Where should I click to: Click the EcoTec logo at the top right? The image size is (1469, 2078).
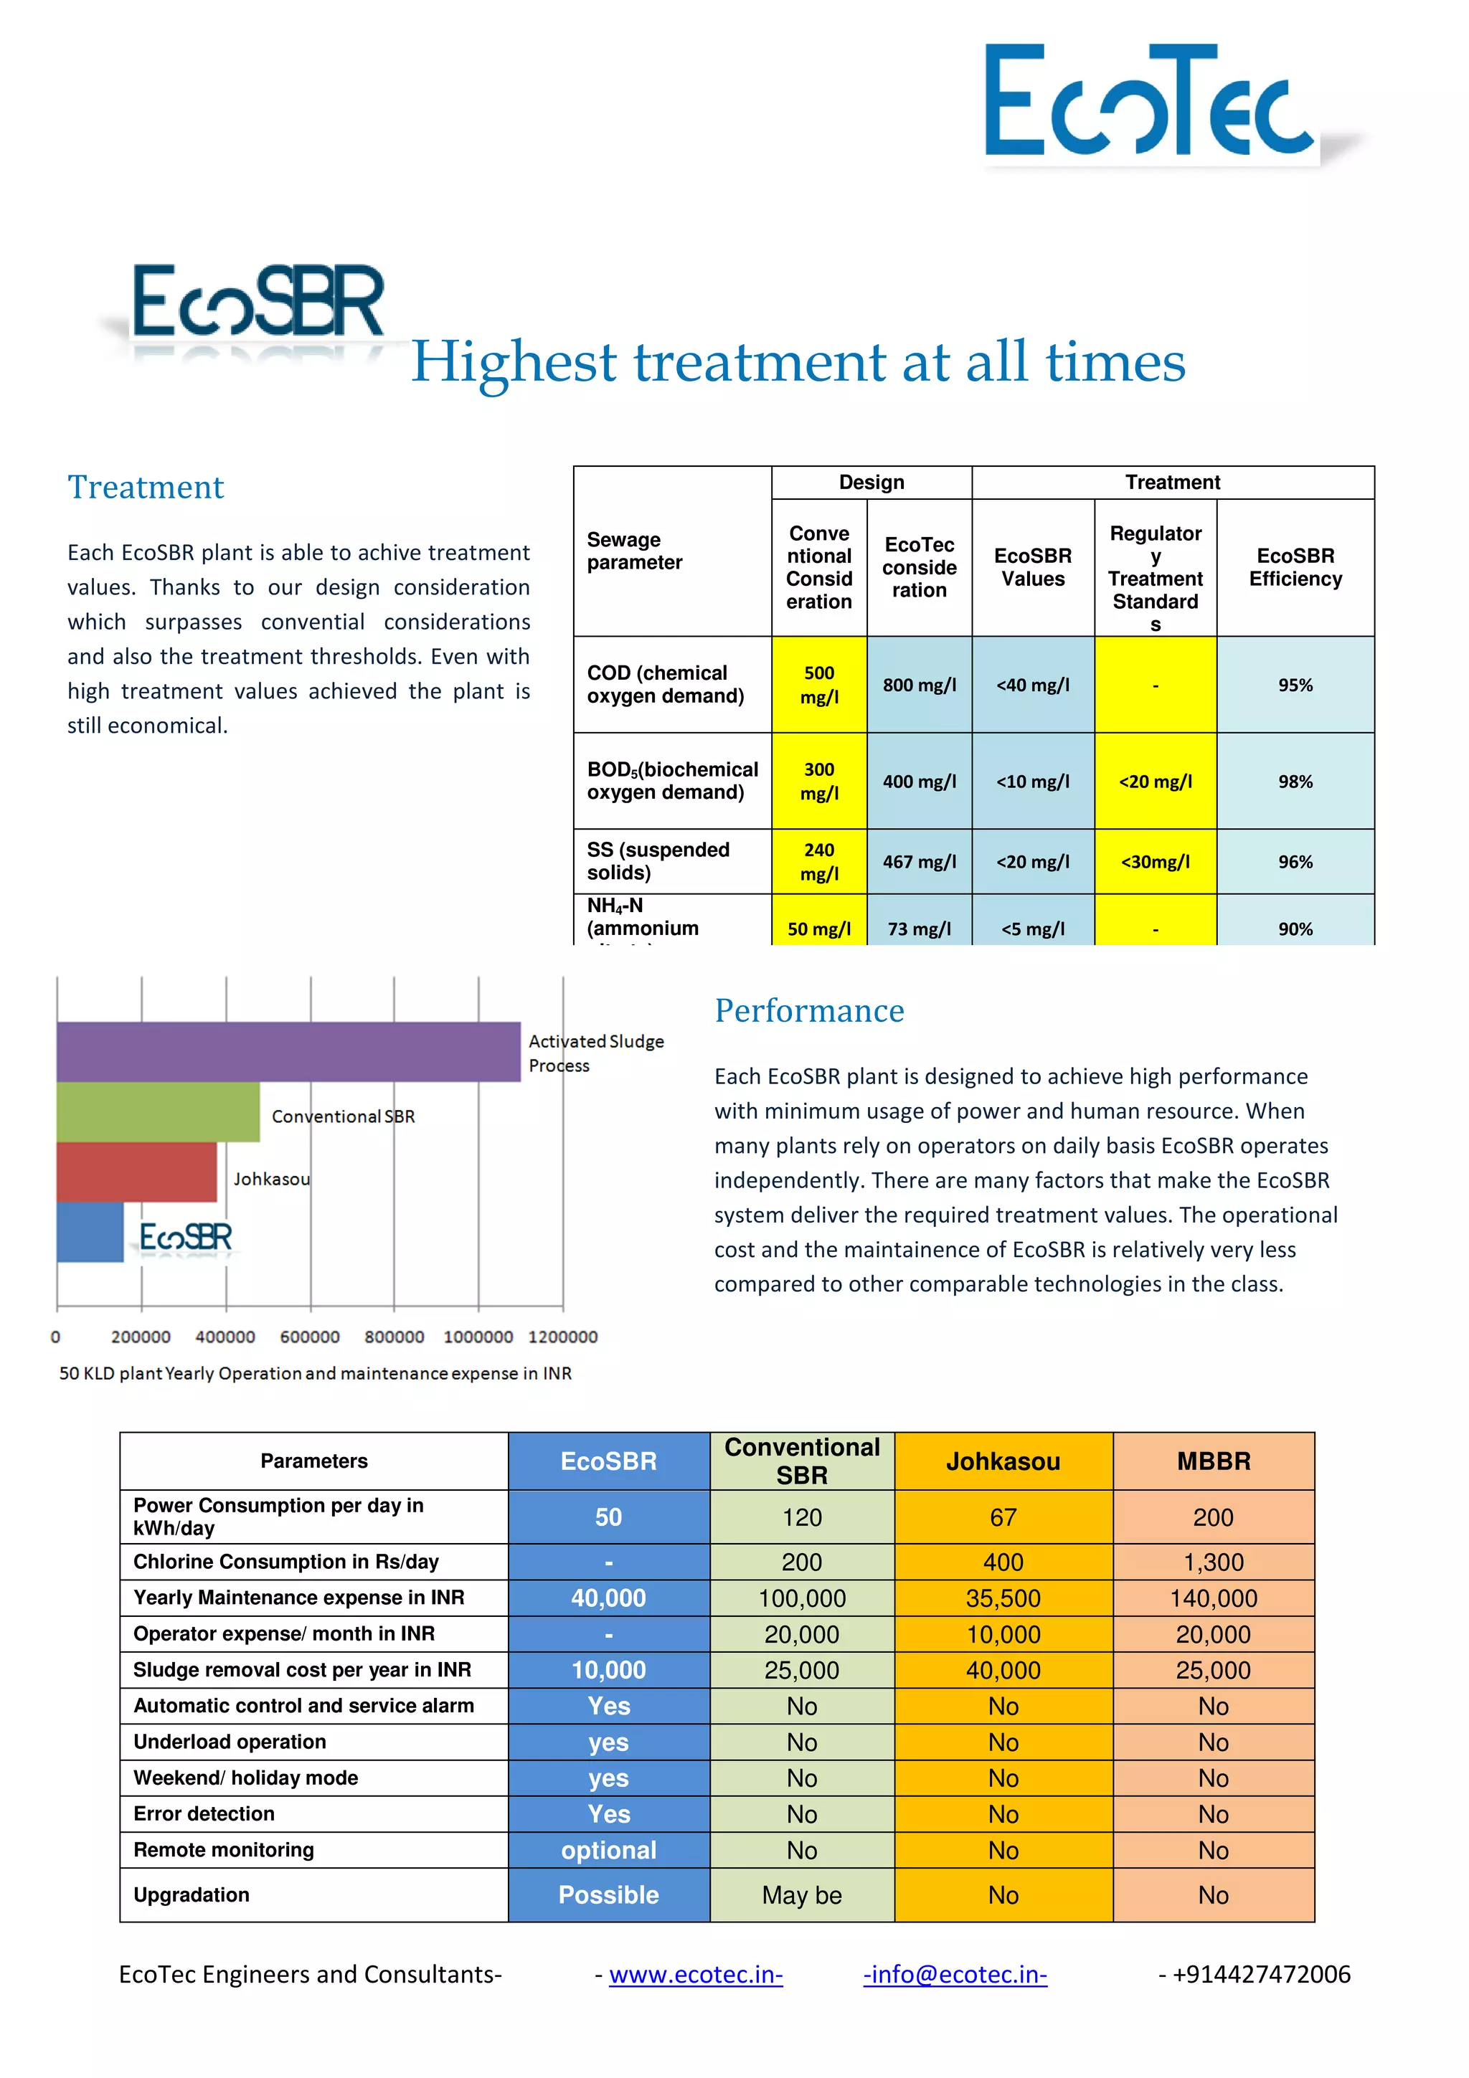(x=1150, y=101)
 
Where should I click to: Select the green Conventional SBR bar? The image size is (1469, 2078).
(x=158, y=1111)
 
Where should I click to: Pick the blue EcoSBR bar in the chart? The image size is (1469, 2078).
(x=90, y=1232)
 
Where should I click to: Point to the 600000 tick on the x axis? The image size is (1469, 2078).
(x=310, y=1337)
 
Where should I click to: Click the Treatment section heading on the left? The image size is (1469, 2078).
(x=146, y=487)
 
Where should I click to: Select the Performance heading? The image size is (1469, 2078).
(x=809, y=1010)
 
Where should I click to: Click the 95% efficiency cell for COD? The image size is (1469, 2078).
(x=1294, y=685)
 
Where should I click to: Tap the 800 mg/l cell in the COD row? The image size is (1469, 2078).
(x=919, y=685)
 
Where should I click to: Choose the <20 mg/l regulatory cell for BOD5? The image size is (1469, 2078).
(x=1155, y=781)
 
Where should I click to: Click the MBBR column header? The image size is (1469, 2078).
(x=1213, y=1461)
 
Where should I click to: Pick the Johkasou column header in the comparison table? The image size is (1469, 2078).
(x=1003, y=1461)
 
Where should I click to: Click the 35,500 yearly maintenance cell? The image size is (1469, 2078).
(x=1003, y=1598)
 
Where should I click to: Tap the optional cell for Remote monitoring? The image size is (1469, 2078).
(x=608, y=1850)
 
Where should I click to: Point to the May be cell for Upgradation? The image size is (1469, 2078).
(x=802, y=1894)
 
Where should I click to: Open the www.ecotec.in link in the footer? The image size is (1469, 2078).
(x=695, y=1974)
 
